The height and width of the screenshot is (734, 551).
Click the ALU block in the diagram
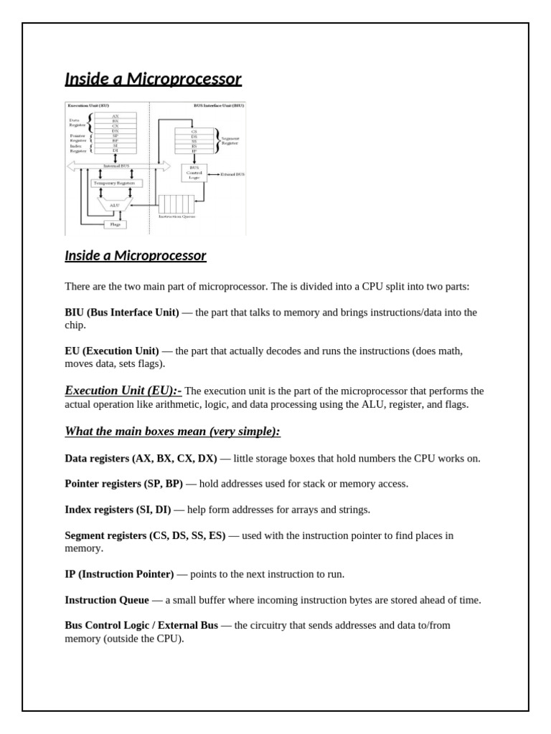[x=113, y=204]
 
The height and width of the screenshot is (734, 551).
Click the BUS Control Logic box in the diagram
[x=194, y=173]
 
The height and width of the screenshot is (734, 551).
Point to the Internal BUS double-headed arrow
[x=118, y=166]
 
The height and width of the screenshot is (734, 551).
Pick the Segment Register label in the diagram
[x=231, y=141]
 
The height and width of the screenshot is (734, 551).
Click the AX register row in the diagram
[x=115, y=115]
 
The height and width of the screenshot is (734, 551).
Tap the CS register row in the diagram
[x=194, y=132]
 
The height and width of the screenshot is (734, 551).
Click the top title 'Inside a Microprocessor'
[x=153, y=79]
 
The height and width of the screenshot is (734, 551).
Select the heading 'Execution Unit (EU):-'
[x=123, y=391]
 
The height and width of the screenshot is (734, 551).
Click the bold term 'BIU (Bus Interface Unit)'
[x=122, y=313]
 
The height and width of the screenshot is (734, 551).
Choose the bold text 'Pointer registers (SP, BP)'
[x=123, y=484]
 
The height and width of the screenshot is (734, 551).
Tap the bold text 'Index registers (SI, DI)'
[x=118, y=510]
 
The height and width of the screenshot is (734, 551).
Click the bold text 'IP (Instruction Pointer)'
[x=119, y=574]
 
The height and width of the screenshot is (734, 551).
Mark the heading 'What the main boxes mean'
[x=172, y=431]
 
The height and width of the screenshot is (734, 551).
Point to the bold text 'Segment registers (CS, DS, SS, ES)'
[x=145, y=535]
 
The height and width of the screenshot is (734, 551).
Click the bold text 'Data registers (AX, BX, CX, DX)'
[x=141, y=458]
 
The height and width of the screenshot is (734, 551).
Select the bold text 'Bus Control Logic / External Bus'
[x=141, y=625]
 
